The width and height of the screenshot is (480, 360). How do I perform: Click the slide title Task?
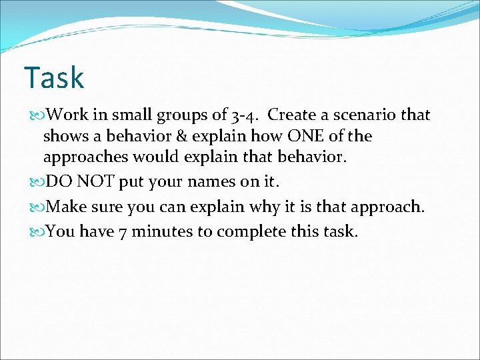tap(53, 78)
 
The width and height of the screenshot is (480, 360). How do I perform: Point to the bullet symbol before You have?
tap(36, 232)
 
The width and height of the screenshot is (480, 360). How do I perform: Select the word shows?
tap(65, 137)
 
